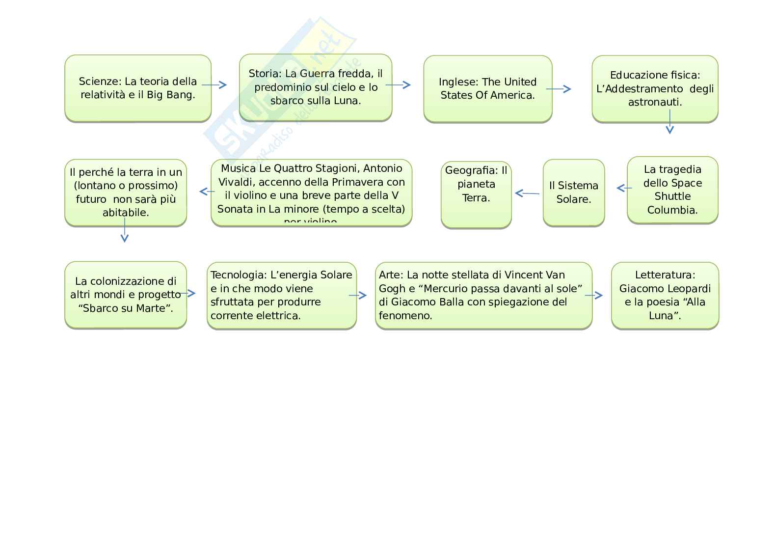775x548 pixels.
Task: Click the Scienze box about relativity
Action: tap(138, 88)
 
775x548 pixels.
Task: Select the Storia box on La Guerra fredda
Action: tap(315, 87)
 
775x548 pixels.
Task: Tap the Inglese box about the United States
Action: tap(487, 89)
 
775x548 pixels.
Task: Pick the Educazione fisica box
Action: tap(655, 89)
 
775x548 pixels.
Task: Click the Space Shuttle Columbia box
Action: tap(672, 190)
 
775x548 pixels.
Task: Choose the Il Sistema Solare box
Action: tap(573, 192)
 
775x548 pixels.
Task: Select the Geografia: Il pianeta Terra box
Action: tap(476, 194)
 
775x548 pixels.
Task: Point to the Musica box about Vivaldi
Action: tap(311, 192)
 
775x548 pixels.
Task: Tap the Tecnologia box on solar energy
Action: tap(281, 295)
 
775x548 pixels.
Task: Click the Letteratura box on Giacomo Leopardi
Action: tap(665, 295)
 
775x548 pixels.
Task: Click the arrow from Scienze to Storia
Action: tap(214, 85)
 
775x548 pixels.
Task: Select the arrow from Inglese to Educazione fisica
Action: tap(559, 89)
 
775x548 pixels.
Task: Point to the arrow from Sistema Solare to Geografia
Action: tap(528, 193)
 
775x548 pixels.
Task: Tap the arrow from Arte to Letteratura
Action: tap(594, 295)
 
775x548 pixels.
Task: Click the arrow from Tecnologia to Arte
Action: tap(358, 295)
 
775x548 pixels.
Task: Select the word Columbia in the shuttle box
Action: tap(672, 210)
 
